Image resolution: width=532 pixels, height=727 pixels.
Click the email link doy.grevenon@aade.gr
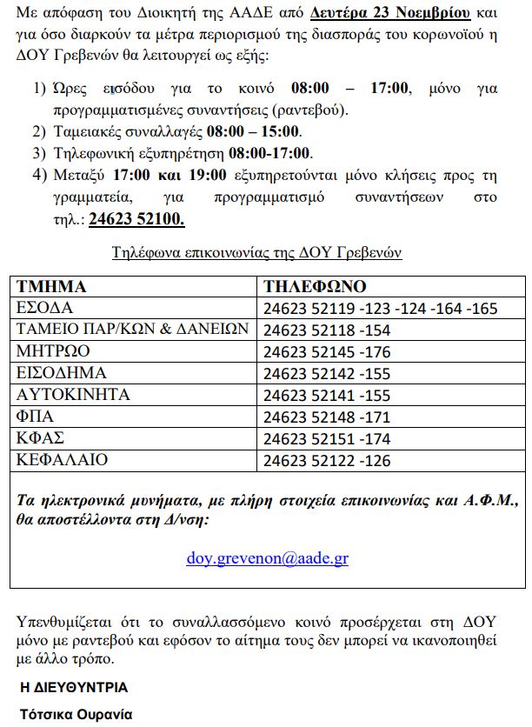(267, 558)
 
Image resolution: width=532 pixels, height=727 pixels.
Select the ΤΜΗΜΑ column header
(51, 287)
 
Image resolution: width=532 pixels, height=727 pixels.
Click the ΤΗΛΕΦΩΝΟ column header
(315, 287)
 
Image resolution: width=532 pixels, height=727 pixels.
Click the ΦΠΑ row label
(36, 417)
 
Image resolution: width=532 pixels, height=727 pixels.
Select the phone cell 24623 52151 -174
(327, 438)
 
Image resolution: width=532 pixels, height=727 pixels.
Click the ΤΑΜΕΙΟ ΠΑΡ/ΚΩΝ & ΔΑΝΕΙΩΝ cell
(133, 330)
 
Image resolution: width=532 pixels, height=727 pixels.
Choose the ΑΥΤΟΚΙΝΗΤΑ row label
(73, 395)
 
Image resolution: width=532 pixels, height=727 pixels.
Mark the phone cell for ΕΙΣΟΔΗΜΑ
(327, 373)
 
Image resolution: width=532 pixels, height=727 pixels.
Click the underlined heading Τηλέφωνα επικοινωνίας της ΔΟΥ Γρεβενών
(257, 252)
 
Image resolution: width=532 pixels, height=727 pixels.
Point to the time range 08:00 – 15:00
(253, 132)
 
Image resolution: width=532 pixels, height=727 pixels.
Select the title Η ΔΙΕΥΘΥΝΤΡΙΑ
(74, 687)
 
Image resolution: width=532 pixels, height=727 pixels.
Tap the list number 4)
(39, 175)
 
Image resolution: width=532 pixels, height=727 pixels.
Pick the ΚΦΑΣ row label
(40, 438)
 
